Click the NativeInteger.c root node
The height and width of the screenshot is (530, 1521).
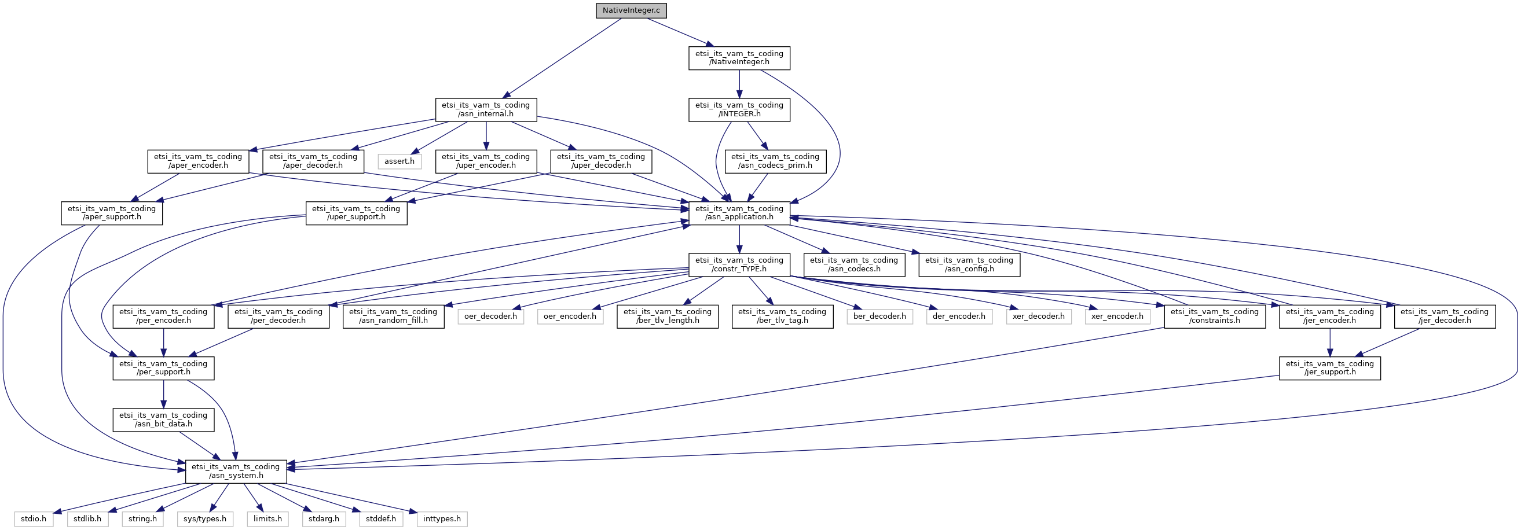click(631, 10)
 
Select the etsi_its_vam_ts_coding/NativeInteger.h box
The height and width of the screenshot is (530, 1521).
click(739, 58)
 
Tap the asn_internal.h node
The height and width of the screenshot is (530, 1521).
click(486, 110)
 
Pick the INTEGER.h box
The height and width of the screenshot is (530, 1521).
click(739, 110)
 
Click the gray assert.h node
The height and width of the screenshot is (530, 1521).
click(399, 161)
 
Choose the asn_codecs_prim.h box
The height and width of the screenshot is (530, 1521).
click(775, 161)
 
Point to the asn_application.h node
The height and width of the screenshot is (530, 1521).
click(739, 213)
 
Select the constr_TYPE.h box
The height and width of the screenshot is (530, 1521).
click(739, 264)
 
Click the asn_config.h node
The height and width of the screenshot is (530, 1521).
click(968, 264)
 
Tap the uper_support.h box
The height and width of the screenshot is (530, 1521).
click(356, 213)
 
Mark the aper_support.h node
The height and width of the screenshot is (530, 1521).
click(112, 213)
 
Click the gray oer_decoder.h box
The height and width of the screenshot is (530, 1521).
click(490, 316)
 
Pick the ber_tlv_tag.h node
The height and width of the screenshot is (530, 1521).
click(782, 316)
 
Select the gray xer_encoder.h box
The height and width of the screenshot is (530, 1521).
click(1116, 316)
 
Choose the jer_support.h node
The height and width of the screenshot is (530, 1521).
click(1329, 367)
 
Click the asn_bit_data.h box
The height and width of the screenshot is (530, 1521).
click(163, 419)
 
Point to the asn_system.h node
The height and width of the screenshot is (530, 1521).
click(236, 471)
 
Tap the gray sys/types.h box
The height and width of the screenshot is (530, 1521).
click(205, 519)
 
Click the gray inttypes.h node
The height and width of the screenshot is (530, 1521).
click(442, 519)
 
